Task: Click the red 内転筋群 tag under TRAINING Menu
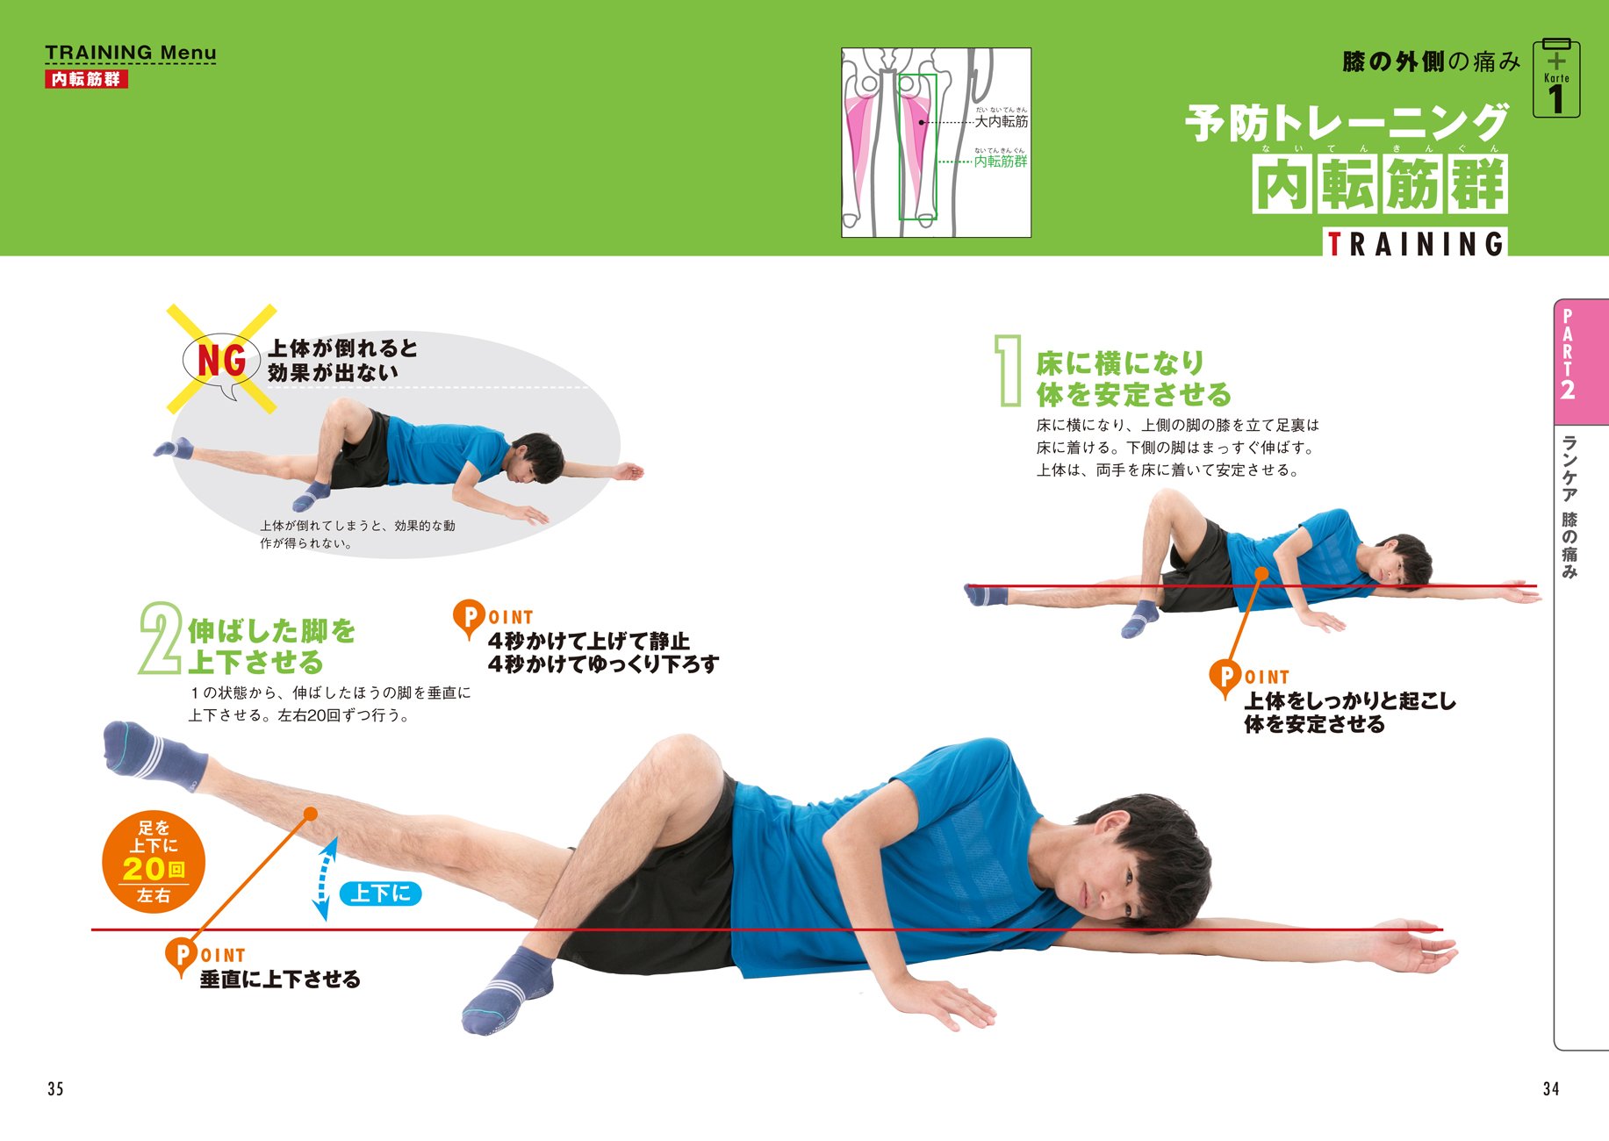86,79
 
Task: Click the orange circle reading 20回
154,861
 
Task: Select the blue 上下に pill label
380,893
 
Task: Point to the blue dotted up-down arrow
325,879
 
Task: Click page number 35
55,1088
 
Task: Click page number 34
1551,1088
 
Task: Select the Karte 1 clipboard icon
1556,80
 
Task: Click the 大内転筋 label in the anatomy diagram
1002,121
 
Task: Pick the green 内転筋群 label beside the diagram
1001,161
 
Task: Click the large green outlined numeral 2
160,638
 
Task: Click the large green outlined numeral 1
1009,370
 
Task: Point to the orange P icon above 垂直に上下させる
181,954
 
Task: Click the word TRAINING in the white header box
1415,243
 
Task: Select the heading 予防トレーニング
1347,123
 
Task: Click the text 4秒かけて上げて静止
589,641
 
